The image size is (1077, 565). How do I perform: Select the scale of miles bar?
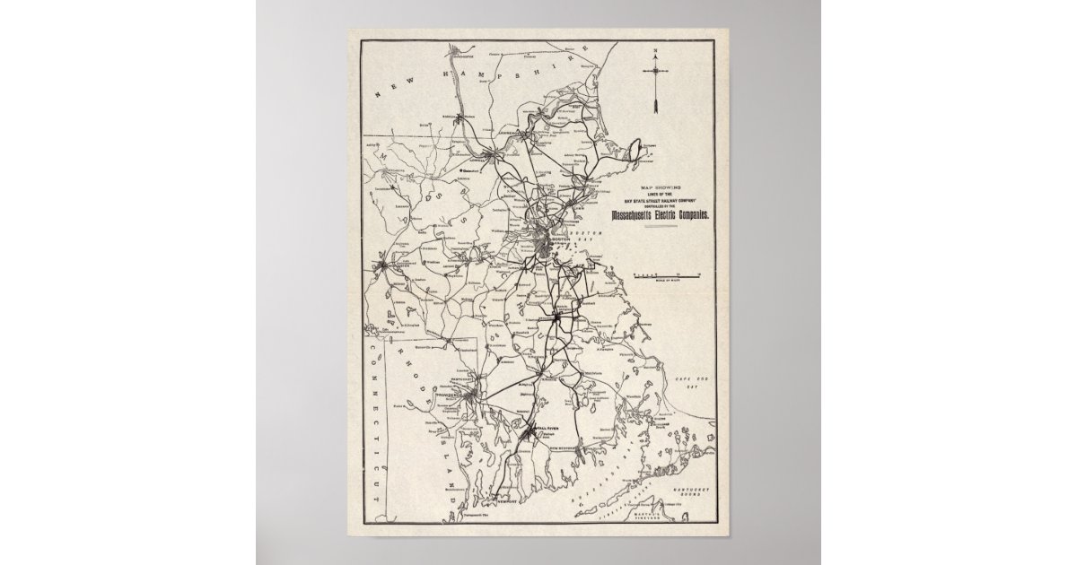[x=665, y=271]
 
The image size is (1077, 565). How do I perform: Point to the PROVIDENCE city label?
[x=453, y=394]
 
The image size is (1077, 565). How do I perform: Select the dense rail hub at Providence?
[x=470, y=395]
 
